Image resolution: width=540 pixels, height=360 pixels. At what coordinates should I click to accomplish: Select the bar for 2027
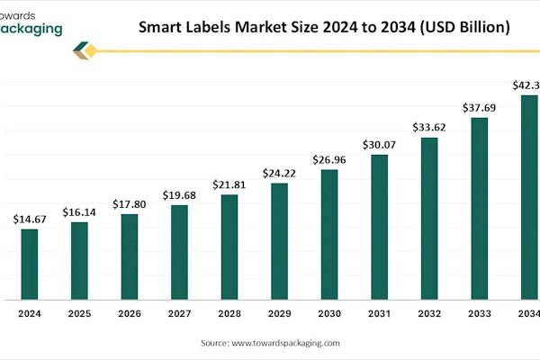pos(179,252)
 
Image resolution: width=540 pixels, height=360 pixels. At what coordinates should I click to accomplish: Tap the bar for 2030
pos(329,234)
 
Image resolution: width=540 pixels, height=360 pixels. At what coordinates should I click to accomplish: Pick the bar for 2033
pos(479,208)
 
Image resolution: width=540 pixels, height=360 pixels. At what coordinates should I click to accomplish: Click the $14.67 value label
pos(30,219)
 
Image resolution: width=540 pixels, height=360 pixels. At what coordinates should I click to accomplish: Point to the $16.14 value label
pos(79,211)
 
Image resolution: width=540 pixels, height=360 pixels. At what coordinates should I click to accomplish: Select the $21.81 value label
pos(229,184)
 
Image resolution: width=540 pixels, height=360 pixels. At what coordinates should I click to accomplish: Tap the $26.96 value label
pos(329,159)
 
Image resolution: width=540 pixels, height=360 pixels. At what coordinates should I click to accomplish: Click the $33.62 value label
pos(429,127)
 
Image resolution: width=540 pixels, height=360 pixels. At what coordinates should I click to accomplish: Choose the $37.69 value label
pos(479,107)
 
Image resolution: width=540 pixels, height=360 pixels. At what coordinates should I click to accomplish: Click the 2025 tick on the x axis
pos(79,313)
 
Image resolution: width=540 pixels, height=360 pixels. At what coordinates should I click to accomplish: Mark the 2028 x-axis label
pos(229,313)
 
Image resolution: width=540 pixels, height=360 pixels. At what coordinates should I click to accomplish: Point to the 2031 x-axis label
pos(379,313)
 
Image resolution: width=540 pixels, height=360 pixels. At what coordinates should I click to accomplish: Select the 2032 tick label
pos(429,313)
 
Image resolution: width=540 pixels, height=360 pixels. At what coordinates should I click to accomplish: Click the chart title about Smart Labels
pos(324,27)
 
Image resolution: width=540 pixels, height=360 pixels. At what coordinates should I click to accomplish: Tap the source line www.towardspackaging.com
pos(270,343)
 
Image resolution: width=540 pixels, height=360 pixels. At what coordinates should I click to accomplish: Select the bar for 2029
pos(279,241)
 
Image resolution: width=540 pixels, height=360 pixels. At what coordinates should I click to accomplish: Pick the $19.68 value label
pos(179,195)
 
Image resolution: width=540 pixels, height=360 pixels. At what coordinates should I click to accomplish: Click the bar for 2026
pos(130,256)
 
